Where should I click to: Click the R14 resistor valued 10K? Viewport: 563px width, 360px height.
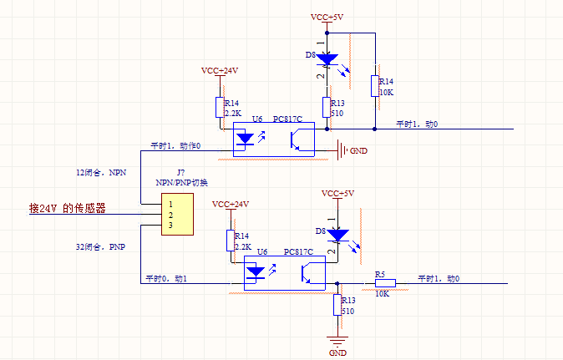[x=375, y=85]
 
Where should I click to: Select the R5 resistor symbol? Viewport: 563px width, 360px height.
[x=381, y=283]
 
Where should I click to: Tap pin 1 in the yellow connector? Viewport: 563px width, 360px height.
[x=170, y=203]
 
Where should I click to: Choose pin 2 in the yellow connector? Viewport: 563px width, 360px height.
[x=170, y=215]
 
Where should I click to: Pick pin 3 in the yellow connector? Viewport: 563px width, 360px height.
[x=170, y=226]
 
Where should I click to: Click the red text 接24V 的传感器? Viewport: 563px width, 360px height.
[x=68, y=209]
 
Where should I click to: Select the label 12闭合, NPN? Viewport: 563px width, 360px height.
[x=99, y=172]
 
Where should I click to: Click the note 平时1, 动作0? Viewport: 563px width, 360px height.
[x=175, y=146]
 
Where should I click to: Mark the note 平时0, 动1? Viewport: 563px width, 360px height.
[x=166, y=278]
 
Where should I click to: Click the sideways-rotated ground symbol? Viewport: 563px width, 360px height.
[x=341, y=151]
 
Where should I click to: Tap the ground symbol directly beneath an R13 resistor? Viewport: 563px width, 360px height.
[x=337, y=340]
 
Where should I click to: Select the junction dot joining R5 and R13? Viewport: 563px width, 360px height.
[x=337, y=284]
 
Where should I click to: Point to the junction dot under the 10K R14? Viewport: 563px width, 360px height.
[x=375, y=129]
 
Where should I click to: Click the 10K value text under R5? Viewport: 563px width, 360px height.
[x=383, y=294]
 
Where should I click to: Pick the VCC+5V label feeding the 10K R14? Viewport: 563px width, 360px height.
[x=327, y=17]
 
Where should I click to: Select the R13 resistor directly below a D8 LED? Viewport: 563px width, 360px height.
[x=327, y=108]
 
